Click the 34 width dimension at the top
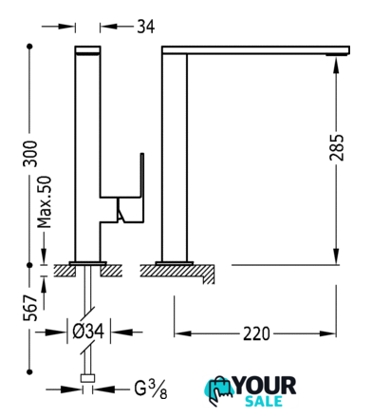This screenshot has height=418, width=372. pyautogui.click(x=146, y=27)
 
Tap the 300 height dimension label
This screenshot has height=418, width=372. pyautogui.click(x=30, y=154)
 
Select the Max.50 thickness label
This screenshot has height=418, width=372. pyautogui.click(x=45, y=202)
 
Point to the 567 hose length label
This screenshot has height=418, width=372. pyautogui.click(x=30, y=308)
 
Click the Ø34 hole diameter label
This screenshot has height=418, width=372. pyautogui.click(x=88, y=332)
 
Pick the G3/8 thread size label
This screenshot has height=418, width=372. pyautogui.click(x=151, y=389)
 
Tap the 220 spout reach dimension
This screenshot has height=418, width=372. pyautogui.click(x=256, y=333)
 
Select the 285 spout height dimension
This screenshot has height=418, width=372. pyautogui.click(x=336, y=147)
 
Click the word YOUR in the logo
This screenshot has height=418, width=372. pyautogui.click(x=265, y=386)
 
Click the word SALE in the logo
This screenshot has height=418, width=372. pyautogui.click(x=264, y=401)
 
